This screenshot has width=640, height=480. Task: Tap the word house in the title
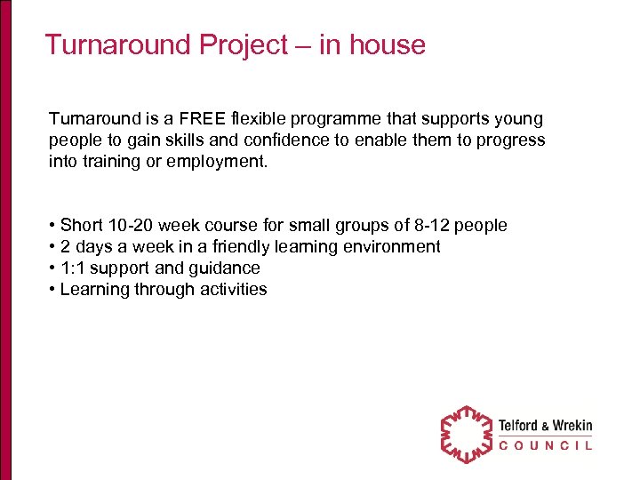pos(385,44)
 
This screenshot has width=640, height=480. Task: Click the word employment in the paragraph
pos(223,162)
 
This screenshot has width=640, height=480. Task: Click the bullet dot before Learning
pos(52,290)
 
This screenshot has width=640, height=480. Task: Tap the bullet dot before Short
pos(52,226)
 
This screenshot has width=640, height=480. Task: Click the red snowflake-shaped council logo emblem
pos(466,435)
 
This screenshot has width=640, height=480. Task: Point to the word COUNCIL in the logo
pos(545,446)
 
